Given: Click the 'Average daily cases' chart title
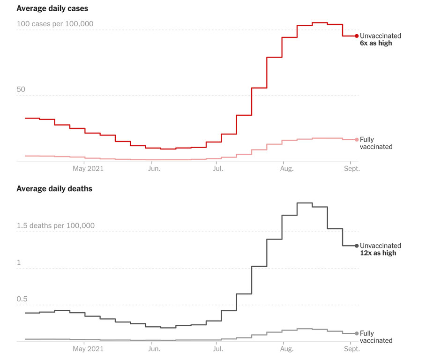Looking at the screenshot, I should [x=52, y=8].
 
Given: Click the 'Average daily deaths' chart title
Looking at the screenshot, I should [x=54, y=189].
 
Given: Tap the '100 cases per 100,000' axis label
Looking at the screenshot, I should [x=55, y=24].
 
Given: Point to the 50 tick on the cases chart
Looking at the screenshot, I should [x=21, y=90].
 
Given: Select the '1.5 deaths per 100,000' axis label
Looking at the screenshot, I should [x=55, y=225].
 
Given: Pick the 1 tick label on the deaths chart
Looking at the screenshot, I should [x=19, y=262].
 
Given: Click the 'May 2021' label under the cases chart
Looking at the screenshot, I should [x=88, y=168].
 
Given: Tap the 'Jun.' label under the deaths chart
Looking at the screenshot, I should [x=154, y=349].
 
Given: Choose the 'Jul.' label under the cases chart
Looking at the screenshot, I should [x=218, y=168].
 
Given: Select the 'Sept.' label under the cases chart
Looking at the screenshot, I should [x=351, y=168].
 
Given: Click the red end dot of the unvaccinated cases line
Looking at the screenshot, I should [x=357, y=36].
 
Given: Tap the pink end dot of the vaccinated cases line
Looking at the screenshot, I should [x=357, y=139].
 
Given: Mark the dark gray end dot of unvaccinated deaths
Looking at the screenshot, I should [x=357, y=246].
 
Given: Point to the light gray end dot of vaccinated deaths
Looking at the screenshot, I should [x=357, y=333].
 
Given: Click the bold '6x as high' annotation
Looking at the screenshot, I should [x=376, y=43].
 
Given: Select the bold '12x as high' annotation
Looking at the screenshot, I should [x=378, y=253].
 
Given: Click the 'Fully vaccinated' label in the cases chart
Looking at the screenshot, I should [x=376, y=143].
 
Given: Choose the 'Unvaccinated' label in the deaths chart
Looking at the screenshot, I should [x=381, y=246].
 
